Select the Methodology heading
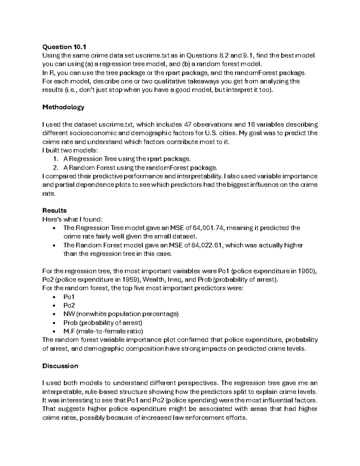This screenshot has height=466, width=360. (63, 107)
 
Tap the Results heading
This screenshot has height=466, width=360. (54, 210)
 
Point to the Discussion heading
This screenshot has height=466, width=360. (60, 366)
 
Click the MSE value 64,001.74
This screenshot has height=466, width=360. (206, 228)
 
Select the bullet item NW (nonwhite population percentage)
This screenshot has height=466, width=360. (121, 314)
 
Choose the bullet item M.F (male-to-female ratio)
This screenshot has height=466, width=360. (103, 331)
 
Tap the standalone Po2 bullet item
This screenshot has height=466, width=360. (69, 305)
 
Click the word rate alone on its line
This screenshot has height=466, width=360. (49, 194)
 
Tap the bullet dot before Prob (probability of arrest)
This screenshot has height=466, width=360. (54, 323)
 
